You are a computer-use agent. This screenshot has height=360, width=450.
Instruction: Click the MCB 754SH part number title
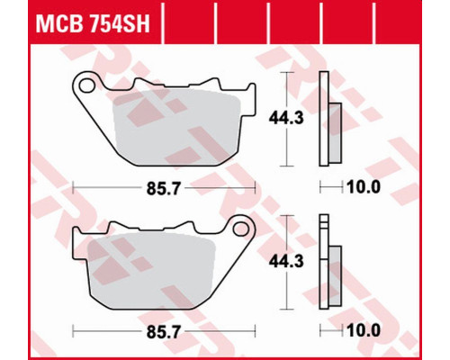click(x=93, y=23)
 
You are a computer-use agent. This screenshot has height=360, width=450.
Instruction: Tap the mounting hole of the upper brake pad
click(x=86, y=85)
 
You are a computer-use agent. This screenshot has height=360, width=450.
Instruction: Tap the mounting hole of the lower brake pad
click(x=241, y=229)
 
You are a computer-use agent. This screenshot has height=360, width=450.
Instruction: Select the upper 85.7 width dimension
click(x=164, y=189)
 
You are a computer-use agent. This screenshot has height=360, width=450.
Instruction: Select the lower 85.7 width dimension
click(x=164, y=332)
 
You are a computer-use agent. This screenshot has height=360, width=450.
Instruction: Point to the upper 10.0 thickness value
click(x=364, y=187)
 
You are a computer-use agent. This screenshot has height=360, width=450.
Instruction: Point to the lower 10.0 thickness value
click(x=364, y=330)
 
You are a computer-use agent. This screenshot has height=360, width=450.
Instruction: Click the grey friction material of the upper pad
click(x=177, y=128)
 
